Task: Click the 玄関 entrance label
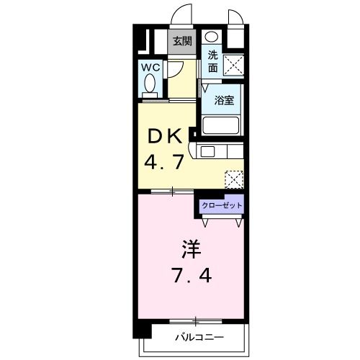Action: pyautogui.click(x=180, y=41)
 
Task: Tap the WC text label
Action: pyautogui.click(x=150, y=67)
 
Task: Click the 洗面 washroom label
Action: pyautogui.click(x=213, y=61)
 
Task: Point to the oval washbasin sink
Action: pyautogui.click(x=211, y=37)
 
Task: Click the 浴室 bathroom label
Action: pyautogui.click(x=223, y=101)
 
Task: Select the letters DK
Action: pyautogui.click(x=166, y=137)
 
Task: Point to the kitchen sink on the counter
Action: pyautogui.click(x=207, y=151)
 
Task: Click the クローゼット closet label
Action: pyautogui.click(x=222, y=205)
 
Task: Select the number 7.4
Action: pyautogui.click(x=190, y=275)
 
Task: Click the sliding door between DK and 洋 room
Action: pyautogui.click(x=173, y=192)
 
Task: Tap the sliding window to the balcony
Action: pyautogui.click(x=193, y=320)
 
